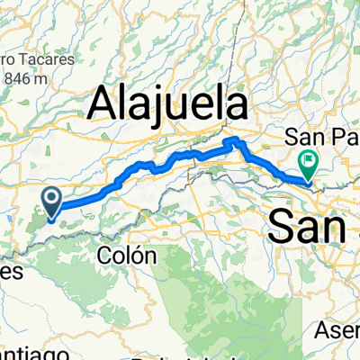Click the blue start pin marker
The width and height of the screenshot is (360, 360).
coord(52,202)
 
